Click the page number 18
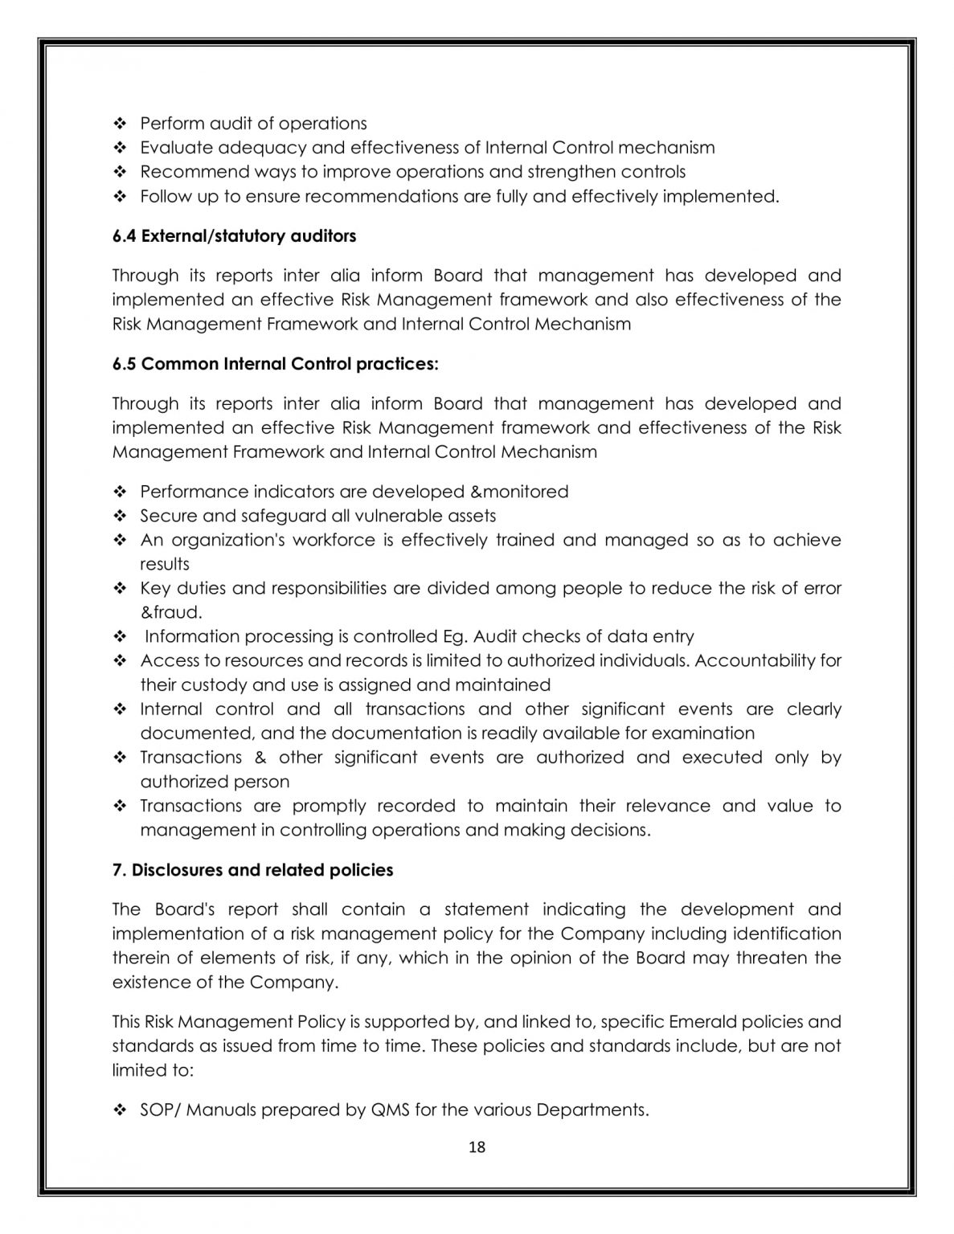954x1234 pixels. tap(477, 1147)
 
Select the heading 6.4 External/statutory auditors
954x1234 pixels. tap(234, 236)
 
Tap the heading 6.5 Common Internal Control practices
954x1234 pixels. tap(276, 364)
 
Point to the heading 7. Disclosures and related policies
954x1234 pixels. tap(252, 870)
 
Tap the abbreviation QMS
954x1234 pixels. tap(390, 1110)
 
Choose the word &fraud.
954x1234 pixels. tap(171, 612)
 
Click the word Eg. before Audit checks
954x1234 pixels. tap(455, 636)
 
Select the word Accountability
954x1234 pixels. tap(755, 660)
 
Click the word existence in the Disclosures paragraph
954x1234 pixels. tap(152, 982)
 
